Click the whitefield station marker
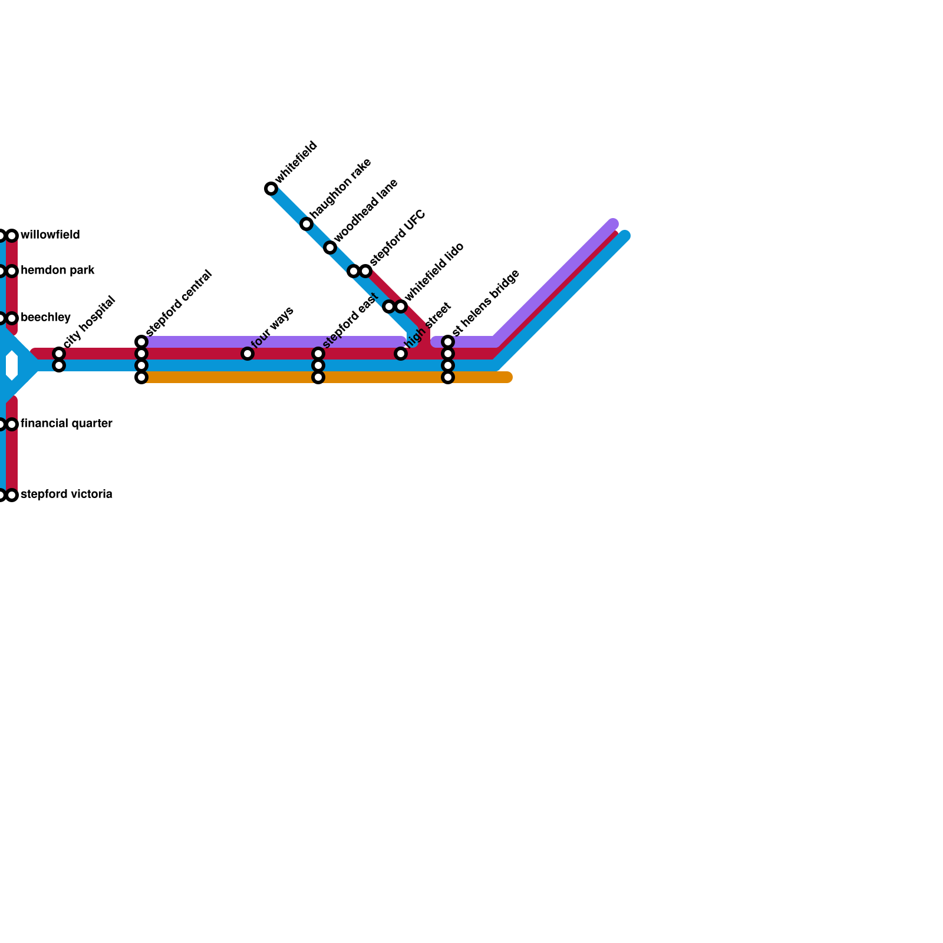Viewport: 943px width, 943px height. pos(271,189)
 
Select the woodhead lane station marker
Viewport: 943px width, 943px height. pos(330,248)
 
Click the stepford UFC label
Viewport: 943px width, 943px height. pos(398,238)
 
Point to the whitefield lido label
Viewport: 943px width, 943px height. pos(435,272)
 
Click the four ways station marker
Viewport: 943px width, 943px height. pos(248,354)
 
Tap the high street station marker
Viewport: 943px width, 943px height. pos(401,354)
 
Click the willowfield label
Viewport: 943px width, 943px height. pos(50,235)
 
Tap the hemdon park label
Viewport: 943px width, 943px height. pos(58,271)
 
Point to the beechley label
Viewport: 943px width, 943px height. pos(45,318)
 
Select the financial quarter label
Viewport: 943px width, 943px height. pos(66,424)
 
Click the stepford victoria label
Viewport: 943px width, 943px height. pos(66,494)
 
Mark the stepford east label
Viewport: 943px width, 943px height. pos(350,320)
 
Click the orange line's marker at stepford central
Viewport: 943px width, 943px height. pos(141,377)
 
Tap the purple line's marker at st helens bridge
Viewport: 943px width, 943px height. pos(448,342)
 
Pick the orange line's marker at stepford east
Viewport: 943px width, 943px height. pos(318,377)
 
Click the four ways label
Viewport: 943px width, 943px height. pos(272,327)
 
